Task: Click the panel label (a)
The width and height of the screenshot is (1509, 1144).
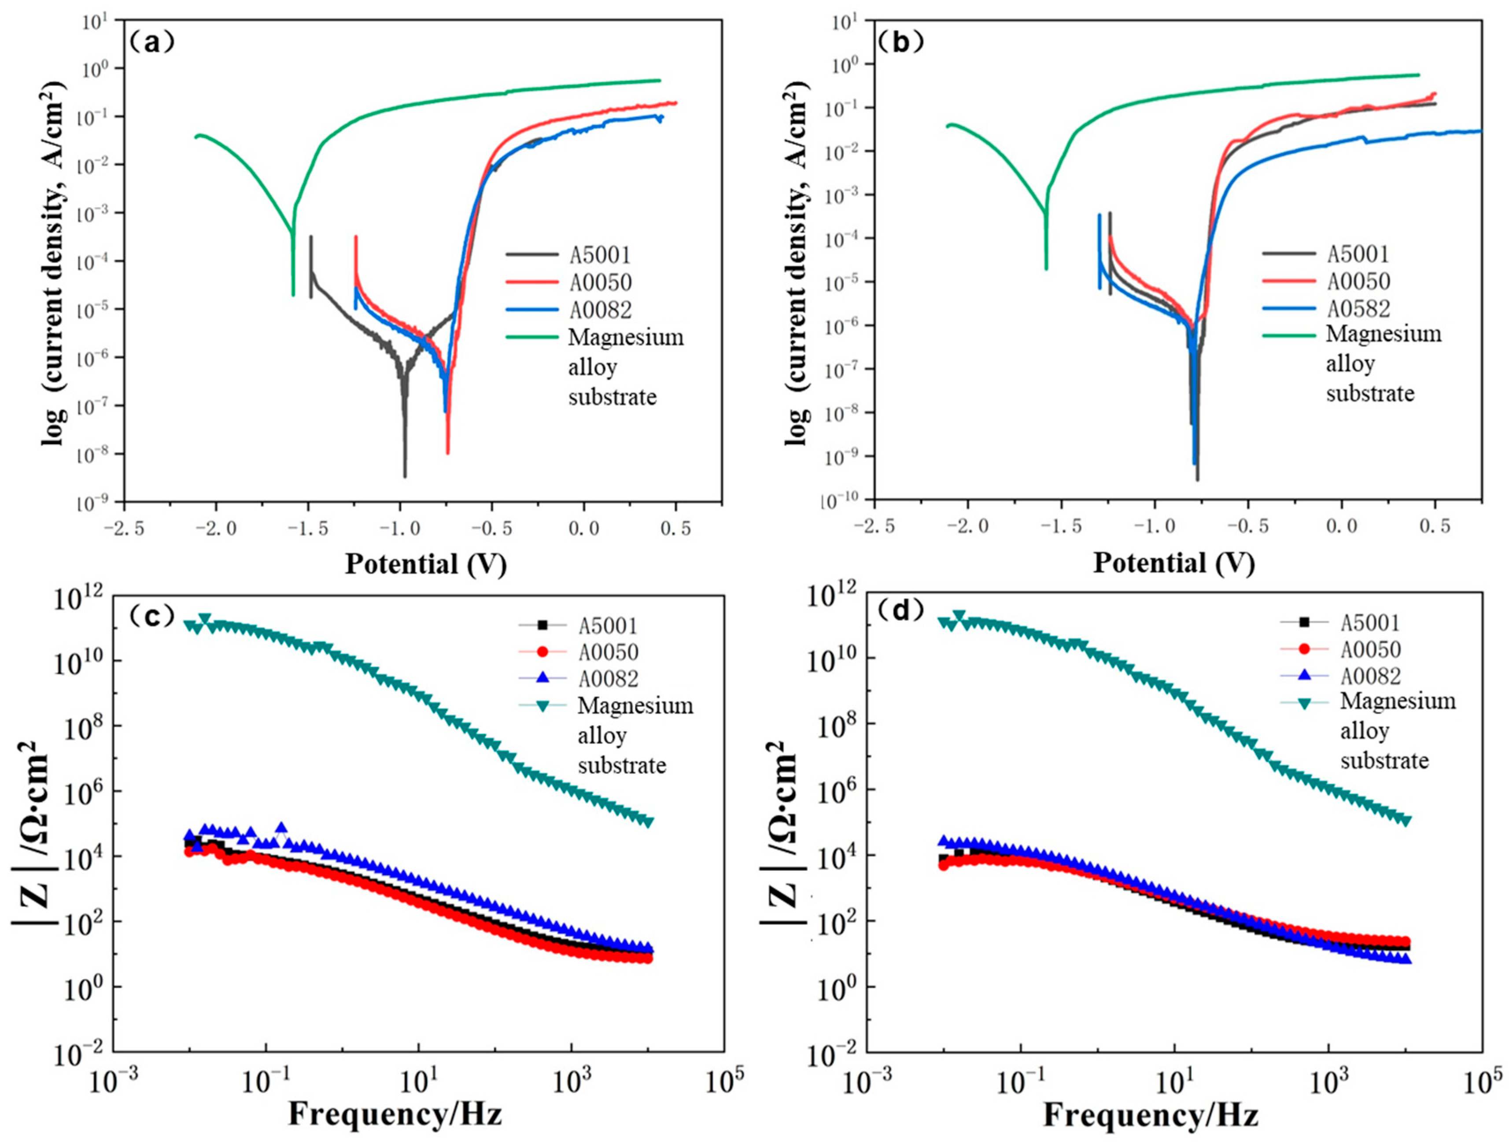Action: (x=151, y=43)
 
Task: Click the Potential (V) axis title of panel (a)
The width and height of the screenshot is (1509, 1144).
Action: (x=426, y=564)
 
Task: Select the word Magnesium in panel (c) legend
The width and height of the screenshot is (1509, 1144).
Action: (x=635, y=705)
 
